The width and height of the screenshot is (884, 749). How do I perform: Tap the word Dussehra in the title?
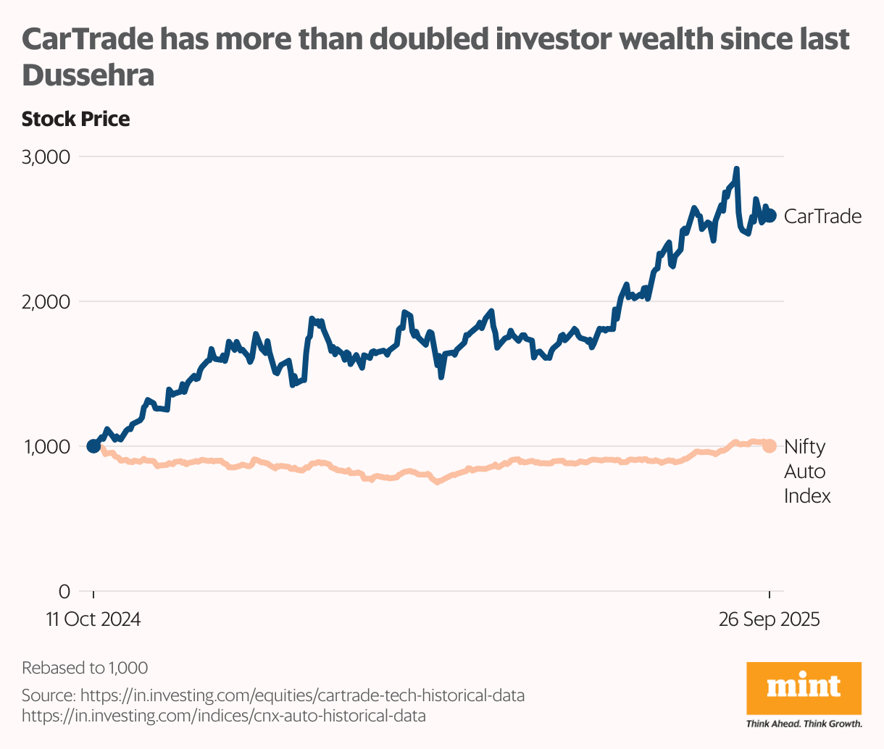[x=88, y=75]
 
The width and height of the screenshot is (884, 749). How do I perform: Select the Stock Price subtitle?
[x=75, y=119]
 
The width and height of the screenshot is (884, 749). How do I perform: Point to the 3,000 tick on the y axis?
[x=45, y=157]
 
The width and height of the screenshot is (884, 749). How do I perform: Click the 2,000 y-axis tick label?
[x=45, y=301]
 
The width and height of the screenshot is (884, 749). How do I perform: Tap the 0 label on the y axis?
[x=64, y=591]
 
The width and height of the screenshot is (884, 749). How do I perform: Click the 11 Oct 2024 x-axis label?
[x=93, y=620]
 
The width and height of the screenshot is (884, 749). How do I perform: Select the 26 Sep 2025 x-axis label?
[x=769, y=620]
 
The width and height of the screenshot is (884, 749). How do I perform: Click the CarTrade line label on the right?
[x=822, y=216]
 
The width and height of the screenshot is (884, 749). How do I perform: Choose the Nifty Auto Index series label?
[x=806, y=472]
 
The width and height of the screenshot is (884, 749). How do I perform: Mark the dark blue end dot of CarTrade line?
[x=770, y=215]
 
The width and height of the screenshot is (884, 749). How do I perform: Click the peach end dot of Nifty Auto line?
[x=770, y=446]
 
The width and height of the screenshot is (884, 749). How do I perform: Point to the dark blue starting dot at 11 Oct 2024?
[x=93, y=446]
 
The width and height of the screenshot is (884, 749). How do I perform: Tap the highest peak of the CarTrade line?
[x=736, y=169]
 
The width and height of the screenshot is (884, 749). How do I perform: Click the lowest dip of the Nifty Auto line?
[x=437, y=481]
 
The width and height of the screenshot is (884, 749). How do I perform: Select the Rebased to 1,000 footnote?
[x=85, y=668]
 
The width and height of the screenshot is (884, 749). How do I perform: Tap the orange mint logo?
[x=804, y=687]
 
